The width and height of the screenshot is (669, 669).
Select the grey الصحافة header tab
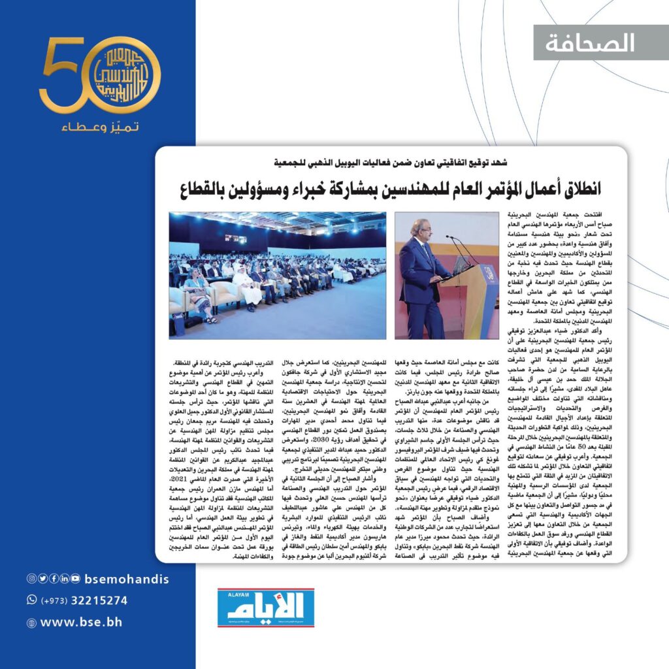coord(601,42)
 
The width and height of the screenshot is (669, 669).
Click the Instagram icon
coord(31,579)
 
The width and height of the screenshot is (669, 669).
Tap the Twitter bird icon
coord(42,579)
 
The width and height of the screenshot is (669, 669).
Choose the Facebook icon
coord(54,579)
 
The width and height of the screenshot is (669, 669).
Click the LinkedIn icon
coord(65,579)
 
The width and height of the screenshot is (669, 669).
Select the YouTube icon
coord(76,579)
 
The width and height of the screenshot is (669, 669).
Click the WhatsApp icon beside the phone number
coord(31,600)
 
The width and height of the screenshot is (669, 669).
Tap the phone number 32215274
coord(103,600)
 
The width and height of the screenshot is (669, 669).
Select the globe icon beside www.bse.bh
coord(31,623)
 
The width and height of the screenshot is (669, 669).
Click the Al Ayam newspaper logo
coord(266,608)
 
